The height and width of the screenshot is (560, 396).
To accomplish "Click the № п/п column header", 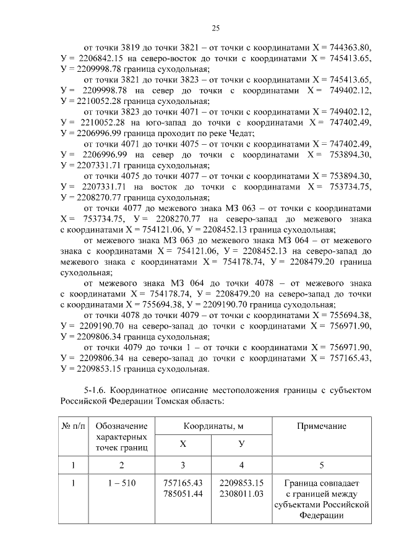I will [x=73, y=426].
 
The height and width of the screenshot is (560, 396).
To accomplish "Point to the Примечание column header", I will [x=321, y=426].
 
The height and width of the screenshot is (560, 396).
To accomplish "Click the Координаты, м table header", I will [x=213, y=426].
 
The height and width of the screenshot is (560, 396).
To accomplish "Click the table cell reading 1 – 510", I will [x=122, y=483].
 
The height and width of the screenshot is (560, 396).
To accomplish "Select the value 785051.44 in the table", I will [x=183, y=494].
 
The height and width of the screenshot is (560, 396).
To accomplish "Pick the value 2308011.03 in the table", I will [x=241, y=494].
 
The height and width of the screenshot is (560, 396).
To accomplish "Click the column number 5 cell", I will [x=321, y=464].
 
